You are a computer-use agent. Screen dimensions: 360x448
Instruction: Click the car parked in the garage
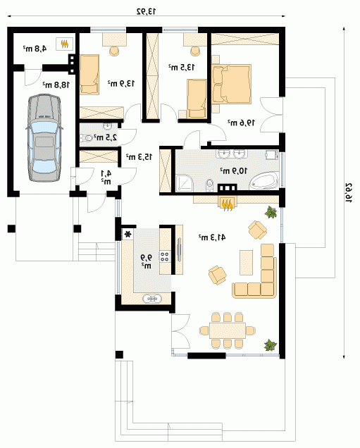pyautogui.click(x=44, y=139)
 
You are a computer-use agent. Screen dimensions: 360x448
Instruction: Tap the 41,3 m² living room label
pyautogui.click(x=212, y=237)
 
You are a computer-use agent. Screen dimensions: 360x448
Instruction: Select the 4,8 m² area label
pyautogui.click(x=35, y=49)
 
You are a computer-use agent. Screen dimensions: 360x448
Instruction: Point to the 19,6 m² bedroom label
pyautogui.click(x=241, y=123)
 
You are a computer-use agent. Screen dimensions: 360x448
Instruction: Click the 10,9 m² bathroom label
pyautogui.click(x=233, y=171)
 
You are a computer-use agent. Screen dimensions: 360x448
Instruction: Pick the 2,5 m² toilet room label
pyautogui.click(x=106, y=137)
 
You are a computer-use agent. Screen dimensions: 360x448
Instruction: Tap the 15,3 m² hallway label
pyautogui.click(x=139, y=156)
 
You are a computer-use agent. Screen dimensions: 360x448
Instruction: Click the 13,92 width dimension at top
pyautogui.click(x=147, y=11)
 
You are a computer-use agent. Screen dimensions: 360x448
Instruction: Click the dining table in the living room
pyautogui.click(x=228, y=330)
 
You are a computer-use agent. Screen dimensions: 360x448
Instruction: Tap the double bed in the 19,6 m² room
pyautogui.click(x=231, y=84)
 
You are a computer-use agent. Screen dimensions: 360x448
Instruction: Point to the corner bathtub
pyautogui.click(x=264, y=180)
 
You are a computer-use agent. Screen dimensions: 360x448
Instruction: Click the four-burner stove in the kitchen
pyautogui.click(x=165, y=256)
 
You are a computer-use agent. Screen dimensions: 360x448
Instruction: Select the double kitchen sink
pyautogui.click(x=152, y=299)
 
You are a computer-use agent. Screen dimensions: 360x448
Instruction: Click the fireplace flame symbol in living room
pyautogui.click(x=228, y=204)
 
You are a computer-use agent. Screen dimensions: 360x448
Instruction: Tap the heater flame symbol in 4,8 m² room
pyautogui.click(x=65, y=44)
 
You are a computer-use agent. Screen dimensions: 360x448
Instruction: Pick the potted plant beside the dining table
pyautogui.click(x=271, y=345)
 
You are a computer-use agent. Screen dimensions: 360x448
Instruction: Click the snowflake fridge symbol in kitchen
pyautogui.click(x=128, y=235)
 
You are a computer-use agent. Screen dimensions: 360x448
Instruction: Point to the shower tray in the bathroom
pyautogui.click(x=185, y=183)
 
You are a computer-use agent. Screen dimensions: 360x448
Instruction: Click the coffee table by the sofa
pyautogui.click(x=247, y=263)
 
